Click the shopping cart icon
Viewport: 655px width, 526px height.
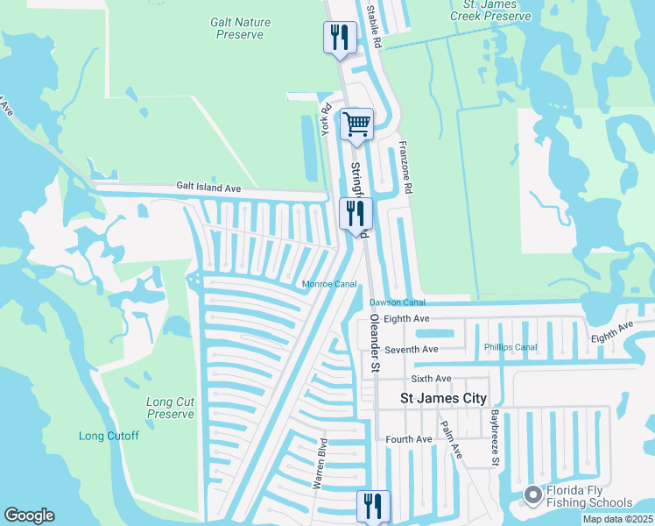(x=356, y=124)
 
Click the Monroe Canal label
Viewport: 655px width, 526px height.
(x=329, y=284)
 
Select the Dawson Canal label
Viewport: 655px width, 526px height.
(x=397, y=302)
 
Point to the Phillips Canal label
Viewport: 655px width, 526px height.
(x=511, y=347)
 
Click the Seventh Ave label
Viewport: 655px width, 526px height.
(x=417, y=349)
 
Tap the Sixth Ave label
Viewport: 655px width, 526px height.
(x=431, y=379)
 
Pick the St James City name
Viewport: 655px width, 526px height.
(x=442, y=398)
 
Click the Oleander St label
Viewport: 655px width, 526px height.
(x=374, y=344)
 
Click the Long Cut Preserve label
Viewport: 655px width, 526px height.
(x=170, y=408)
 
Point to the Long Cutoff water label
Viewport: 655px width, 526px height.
(x=109, y=436)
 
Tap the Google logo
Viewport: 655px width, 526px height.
(x=29, y=515)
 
